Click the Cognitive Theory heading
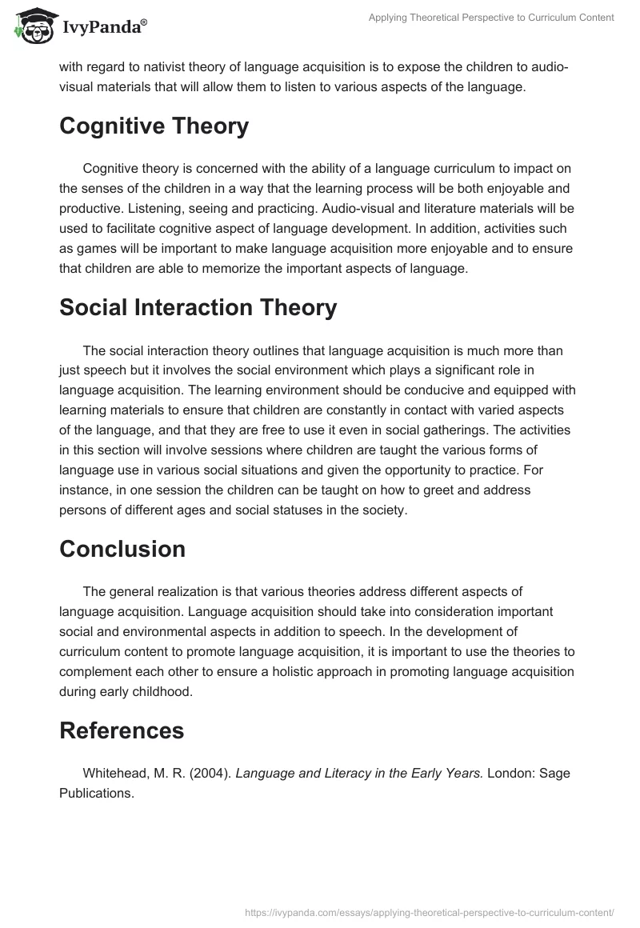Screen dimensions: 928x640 point(154,126)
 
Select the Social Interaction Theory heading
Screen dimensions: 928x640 point(198,307)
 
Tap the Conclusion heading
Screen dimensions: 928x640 point(122,549)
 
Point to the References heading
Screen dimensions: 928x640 point(122,730)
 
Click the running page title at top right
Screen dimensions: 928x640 point(490,18)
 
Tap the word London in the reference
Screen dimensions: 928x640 point(511,773)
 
